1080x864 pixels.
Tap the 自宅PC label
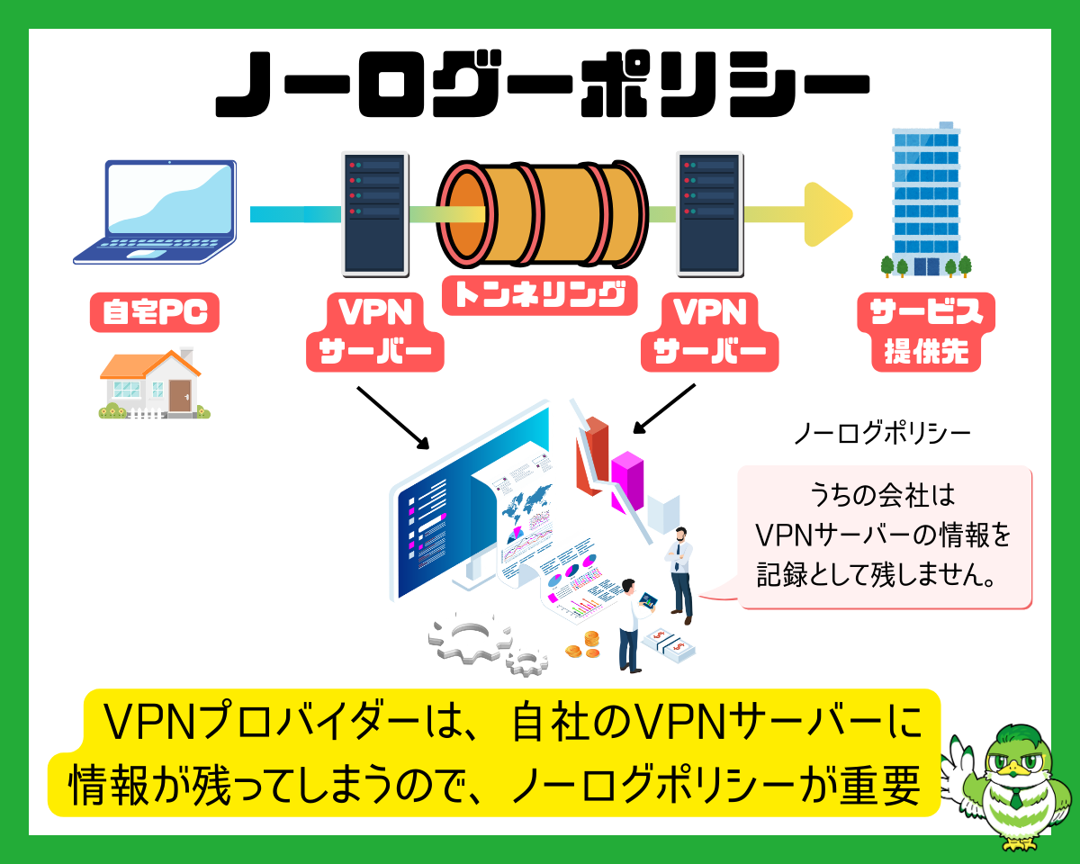click(155, 312)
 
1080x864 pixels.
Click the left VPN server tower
click(375, 213)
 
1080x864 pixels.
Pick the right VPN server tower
click(709, 213)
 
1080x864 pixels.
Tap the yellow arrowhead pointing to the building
click(826, 214)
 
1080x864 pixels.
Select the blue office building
click(925, 200)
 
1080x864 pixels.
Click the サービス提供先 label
click(925, 332)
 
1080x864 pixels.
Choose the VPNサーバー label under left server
click(375, 332)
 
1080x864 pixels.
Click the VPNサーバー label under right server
click(709, 332)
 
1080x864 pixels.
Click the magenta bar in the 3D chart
click(627, 481)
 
